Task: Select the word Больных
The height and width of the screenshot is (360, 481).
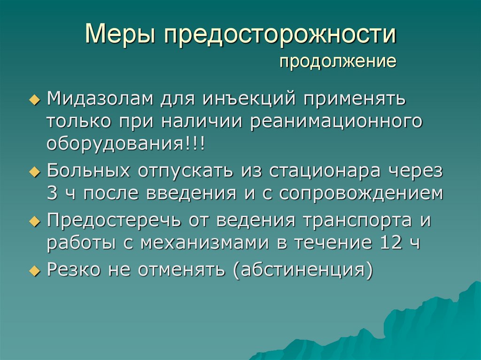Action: click(89, 171)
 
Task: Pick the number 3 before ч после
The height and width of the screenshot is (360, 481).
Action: click(51, 193)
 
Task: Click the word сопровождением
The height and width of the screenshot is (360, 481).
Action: click(361, 193)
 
